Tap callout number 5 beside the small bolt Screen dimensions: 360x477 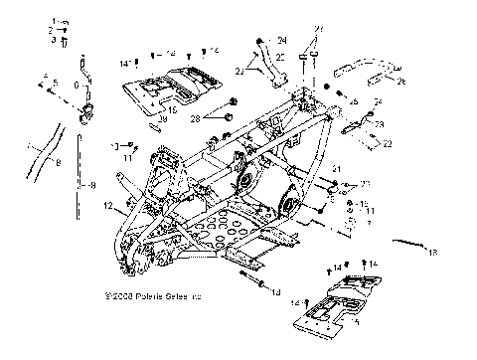coord(55,83)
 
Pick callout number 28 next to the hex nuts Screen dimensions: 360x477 coord(195,118)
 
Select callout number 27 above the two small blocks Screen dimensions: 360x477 coord(318,28)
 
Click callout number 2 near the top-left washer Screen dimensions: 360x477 coord(49,32)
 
